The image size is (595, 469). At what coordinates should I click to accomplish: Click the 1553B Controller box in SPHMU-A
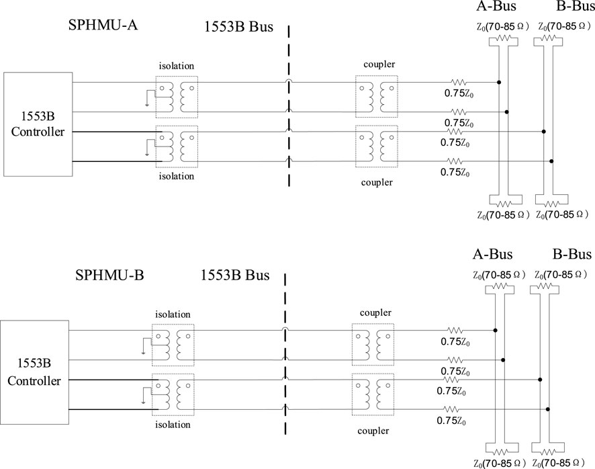[38, 122]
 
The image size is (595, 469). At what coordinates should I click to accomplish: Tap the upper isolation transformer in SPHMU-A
[177, 97]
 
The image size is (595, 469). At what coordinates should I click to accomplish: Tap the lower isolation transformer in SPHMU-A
[177, 146]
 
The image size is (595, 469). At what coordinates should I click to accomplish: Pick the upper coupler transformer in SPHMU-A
[376, 97]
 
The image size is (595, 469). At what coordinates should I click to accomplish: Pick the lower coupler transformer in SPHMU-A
[376, 146]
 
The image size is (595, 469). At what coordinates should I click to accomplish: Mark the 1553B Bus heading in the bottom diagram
[234, 276]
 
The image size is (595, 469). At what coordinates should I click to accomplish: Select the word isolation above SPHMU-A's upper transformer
[177, 67]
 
